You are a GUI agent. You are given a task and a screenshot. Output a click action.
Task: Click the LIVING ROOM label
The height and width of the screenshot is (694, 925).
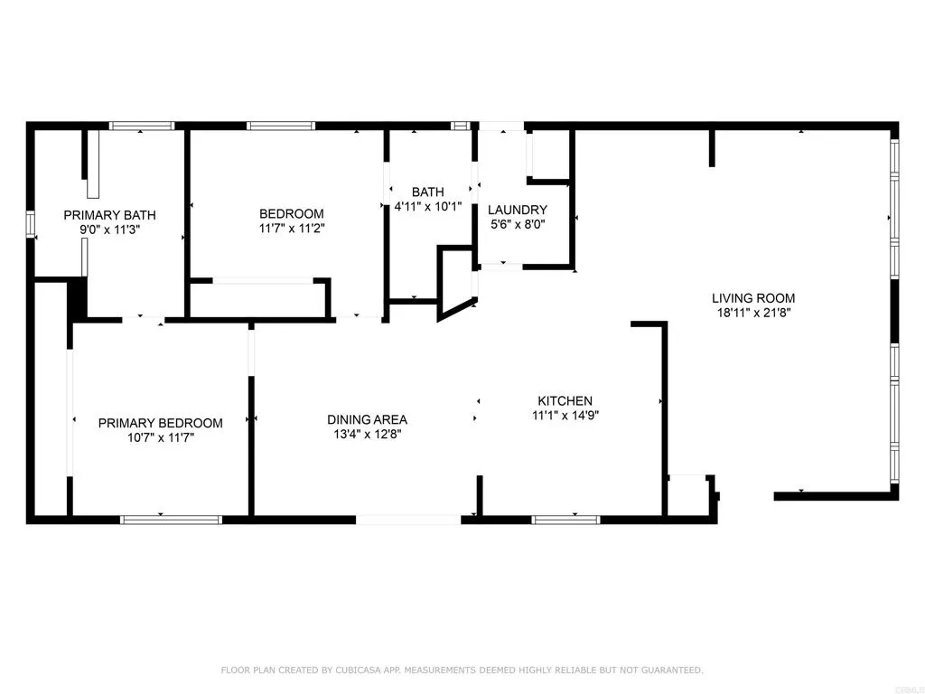pyautogui.click(x=753, y=298)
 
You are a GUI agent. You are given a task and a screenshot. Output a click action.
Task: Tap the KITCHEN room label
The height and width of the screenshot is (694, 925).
pyautogui.click(x=565, y=401)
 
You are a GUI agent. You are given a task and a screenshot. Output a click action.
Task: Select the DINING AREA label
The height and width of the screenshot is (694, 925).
pyautogui.click(x=367, y=419)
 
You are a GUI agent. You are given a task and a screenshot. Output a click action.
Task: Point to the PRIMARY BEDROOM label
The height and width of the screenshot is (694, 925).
pyautogui.click(x=160, y=423)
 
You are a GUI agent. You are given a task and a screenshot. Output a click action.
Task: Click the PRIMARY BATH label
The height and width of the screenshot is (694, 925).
pyautogui.click(x=109, y=215)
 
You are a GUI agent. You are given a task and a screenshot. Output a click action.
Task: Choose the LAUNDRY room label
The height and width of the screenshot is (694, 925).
pyautogui.click(x=518, y=210)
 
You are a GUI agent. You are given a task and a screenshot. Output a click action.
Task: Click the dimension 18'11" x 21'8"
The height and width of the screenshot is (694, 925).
pyautogui.click(x=753, y=314)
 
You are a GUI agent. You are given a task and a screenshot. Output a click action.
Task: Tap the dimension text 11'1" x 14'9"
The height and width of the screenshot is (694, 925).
pyautogui.click(x=565, y=416)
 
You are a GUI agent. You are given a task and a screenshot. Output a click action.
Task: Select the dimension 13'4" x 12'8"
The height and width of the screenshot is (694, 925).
pyautogui.click(x=367, y=434)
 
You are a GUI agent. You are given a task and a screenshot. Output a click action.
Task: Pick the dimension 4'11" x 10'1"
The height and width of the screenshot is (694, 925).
pyautogui.click(x=427, y=206)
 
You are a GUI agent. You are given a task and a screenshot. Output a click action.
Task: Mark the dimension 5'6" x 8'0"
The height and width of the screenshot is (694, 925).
pyautogui.click(x=518, y=223)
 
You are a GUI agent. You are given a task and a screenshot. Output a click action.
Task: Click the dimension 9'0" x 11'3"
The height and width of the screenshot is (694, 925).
pyautogui.click(x=109, y=230)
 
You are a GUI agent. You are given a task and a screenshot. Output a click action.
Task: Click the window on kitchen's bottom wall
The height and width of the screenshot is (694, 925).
pyautogui.click(x=565, y=520)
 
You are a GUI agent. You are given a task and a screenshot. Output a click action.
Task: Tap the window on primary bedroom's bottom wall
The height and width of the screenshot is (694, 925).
pyautogui.click(x=172, y=520)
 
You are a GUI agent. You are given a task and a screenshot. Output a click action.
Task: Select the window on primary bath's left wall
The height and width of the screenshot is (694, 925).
pyautogui.click(x=31, y=224)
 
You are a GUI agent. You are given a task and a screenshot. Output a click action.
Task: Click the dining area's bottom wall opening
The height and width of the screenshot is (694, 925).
pyautogui.click(x=408, y=520)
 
